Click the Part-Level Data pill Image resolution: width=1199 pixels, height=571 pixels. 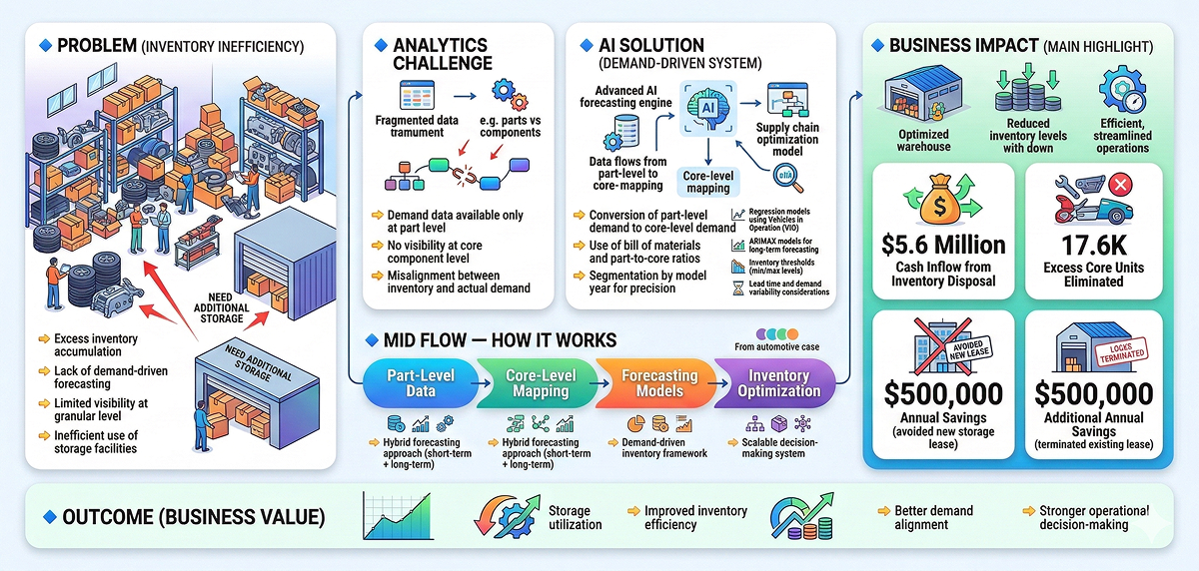click(420, 383)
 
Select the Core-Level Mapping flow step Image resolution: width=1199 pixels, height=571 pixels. click(541, 383)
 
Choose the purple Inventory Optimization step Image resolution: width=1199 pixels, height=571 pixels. click(778, 383)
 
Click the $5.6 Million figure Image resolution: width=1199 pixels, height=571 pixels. click(944, 246)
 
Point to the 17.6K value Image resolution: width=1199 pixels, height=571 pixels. click(1093, 246)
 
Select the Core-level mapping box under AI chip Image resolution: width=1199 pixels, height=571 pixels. click(707, 181)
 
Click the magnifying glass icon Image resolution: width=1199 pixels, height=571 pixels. click(788, 176)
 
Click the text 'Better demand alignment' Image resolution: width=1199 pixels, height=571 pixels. click(934, 517)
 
